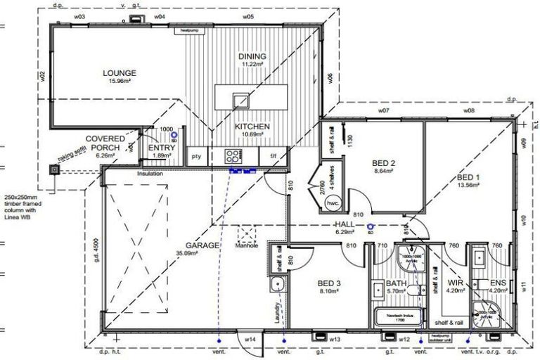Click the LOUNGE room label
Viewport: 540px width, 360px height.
coord(119,72)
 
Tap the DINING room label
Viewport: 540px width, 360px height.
coord(252,56)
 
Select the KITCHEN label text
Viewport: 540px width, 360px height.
coord(252,126)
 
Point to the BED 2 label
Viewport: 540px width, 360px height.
coord(384,163)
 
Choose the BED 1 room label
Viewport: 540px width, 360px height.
coord(469,177)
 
